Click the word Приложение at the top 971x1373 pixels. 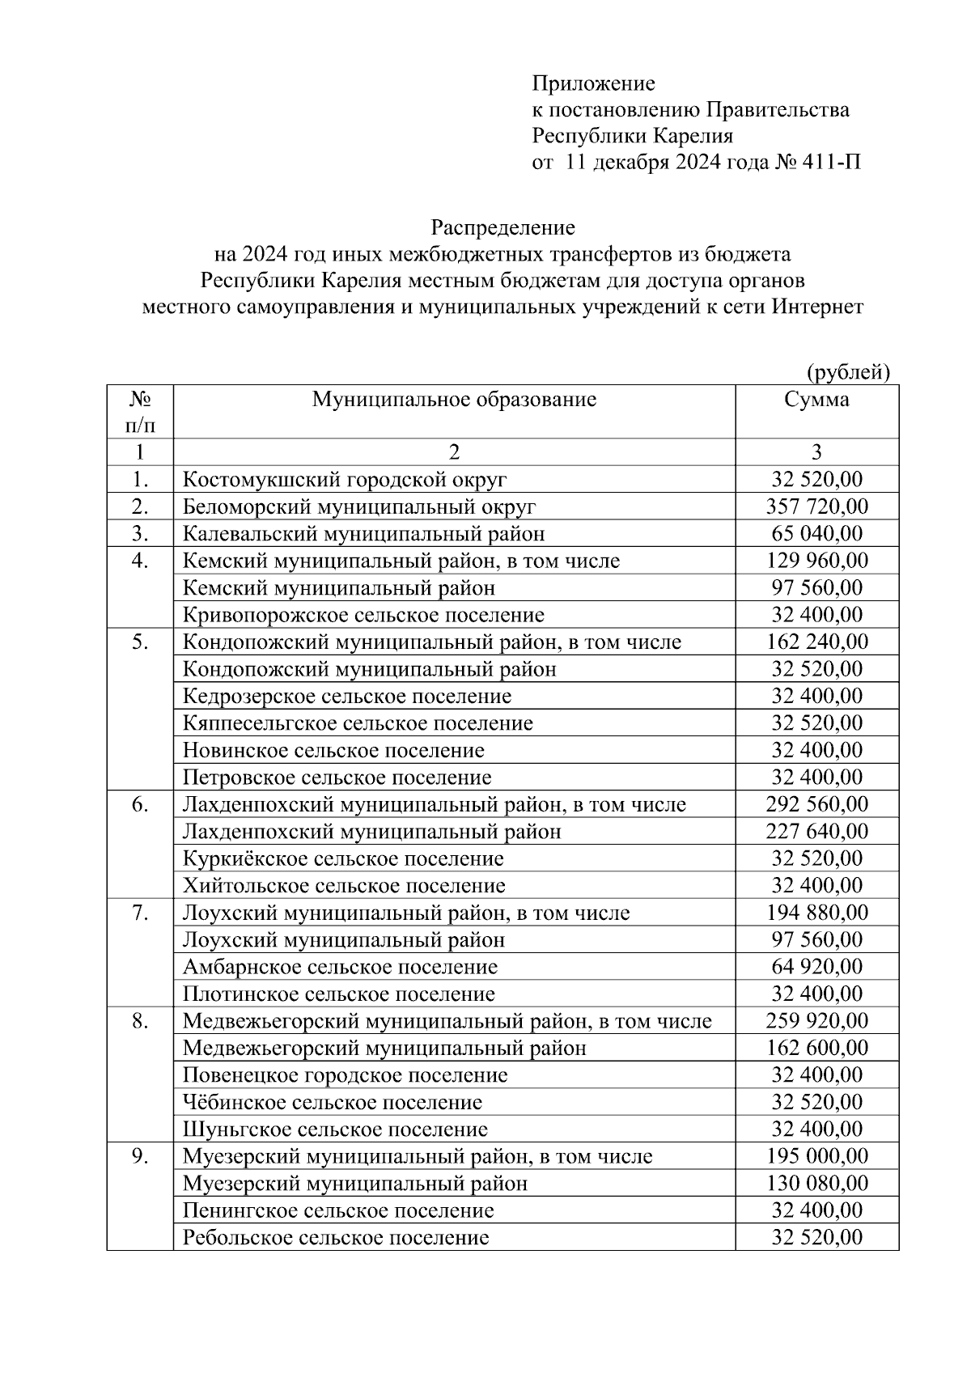pos(593,83)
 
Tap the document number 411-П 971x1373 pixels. pos(832,163)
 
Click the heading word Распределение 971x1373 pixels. pos(502,227)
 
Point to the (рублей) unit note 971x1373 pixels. pos(847,371)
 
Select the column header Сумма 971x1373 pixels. pos(816,399)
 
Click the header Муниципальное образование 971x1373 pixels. pos(454,399)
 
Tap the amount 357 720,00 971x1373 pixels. pos(816,506)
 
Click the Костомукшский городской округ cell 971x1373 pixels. pos(345,480)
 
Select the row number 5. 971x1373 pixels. pos(140,642)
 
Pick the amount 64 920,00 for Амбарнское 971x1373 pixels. pos(816,967)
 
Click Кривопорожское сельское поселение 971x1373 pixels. pos(363,615)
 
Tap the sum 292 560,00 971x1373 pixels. pos(816,804)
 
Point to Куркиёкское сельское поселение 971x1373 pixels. pos(343,858)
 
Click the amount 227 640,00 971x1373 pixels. pos(816,832)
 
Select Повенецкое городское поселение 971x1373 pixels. pos(346,1075)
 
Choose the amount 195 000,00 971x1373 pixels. pos(816,1156)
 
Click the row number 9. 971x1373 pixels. pos(140,1156)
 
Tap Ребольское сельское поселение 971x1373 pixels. pos(336,1238)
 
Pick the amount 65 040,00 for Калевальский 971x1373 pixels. pos(816,534)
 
